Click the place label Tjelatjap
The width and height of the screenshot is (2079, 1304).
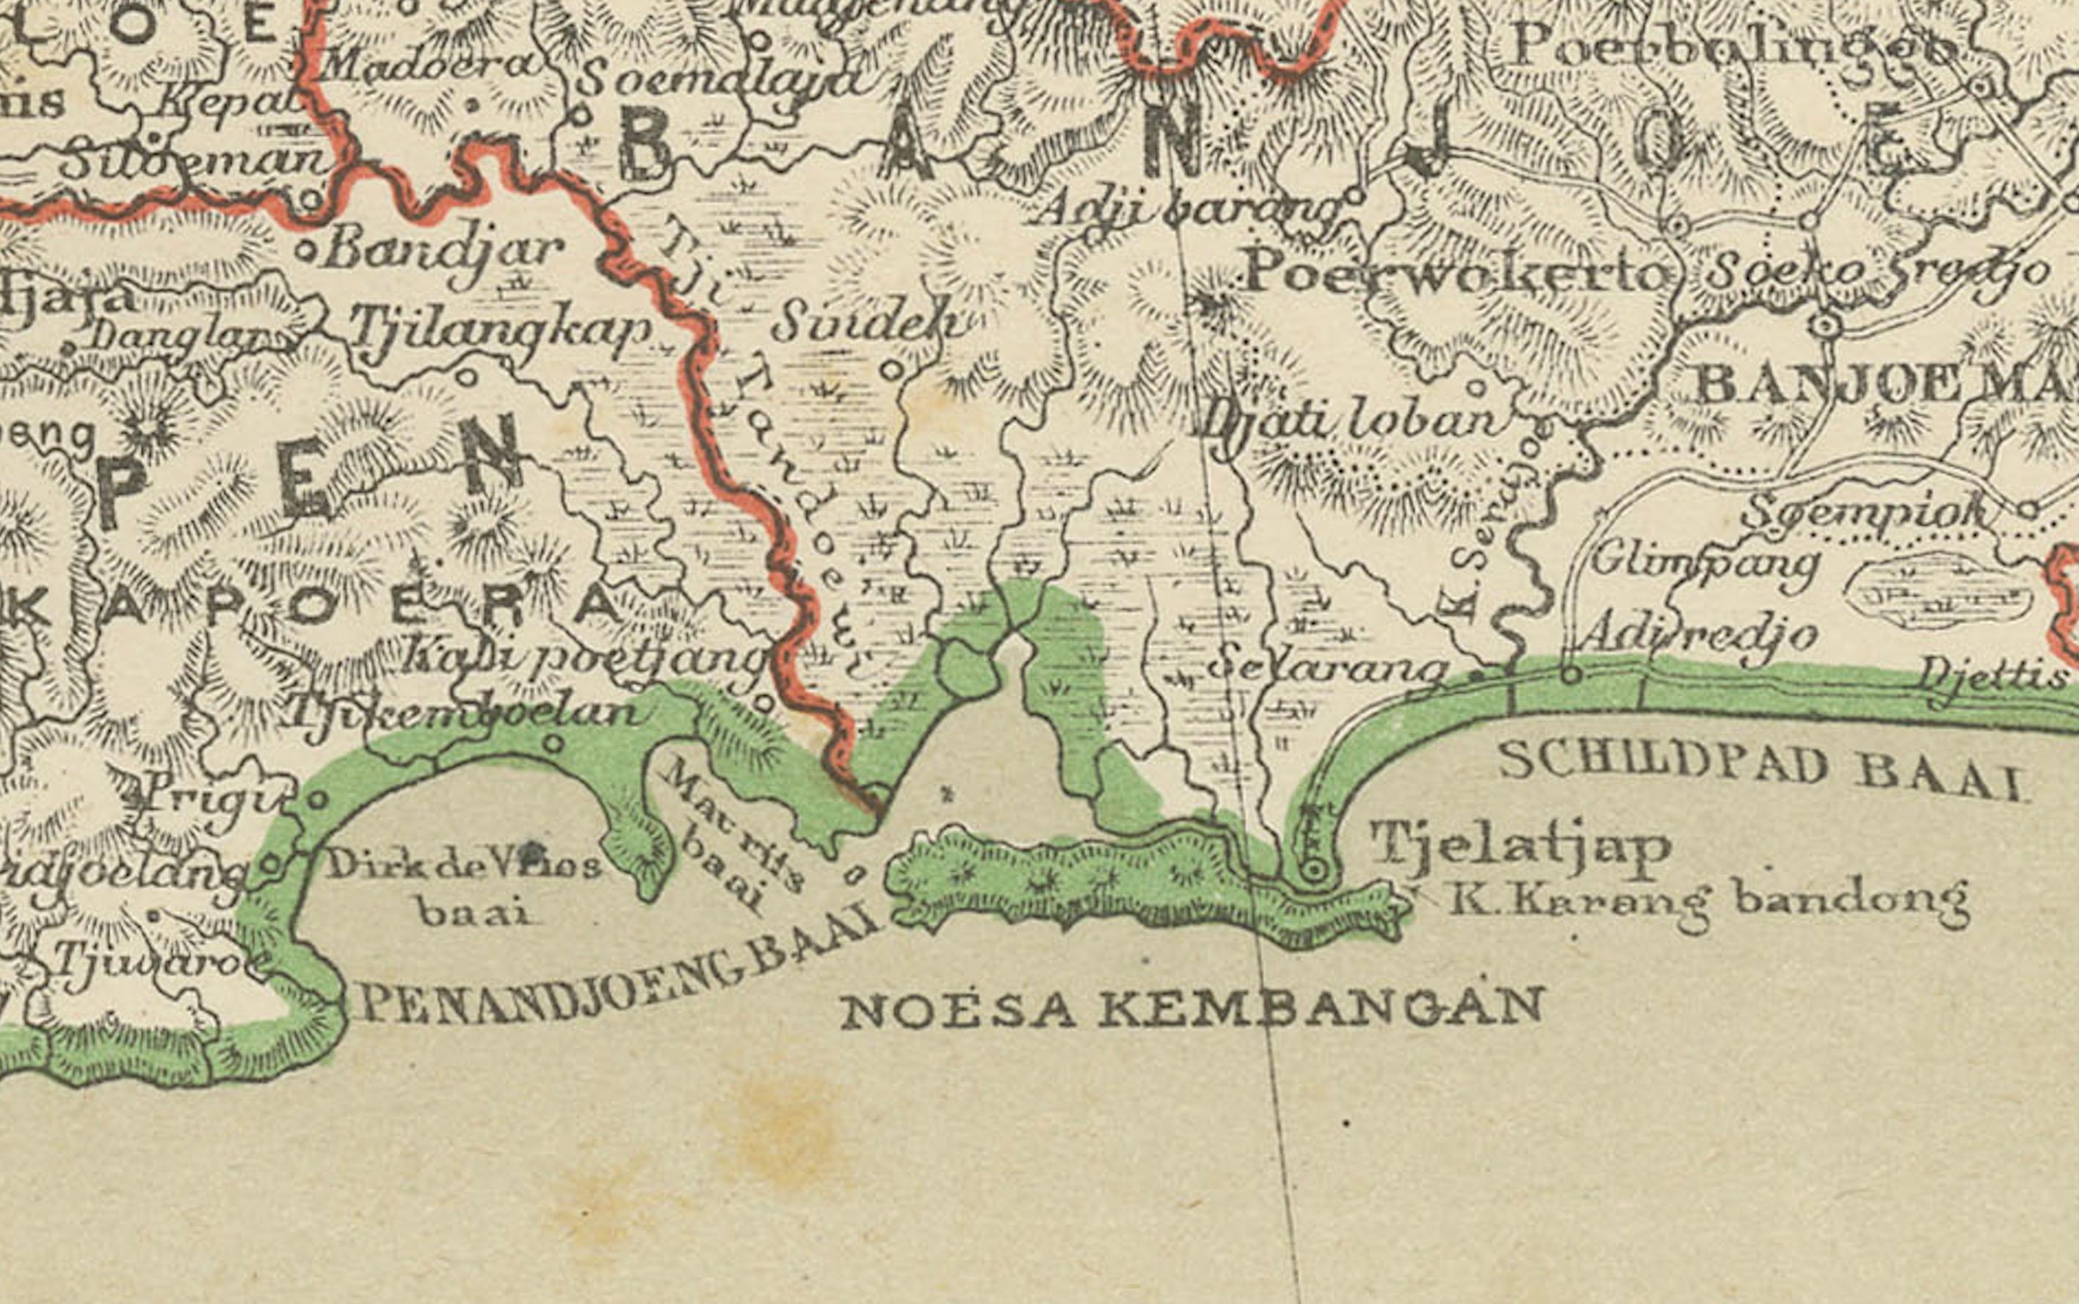click(1520, 844)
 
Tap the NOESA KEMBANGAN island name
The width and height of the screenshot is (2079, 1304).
click(1191, 1009)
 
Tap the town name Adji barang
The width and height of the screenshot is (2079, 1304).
click(1189, 208)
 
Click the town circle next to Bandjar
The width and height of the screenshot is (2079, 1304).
click(305, 251)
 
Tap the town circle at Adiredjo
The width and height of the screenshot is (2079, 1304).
click(1571, 675)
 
